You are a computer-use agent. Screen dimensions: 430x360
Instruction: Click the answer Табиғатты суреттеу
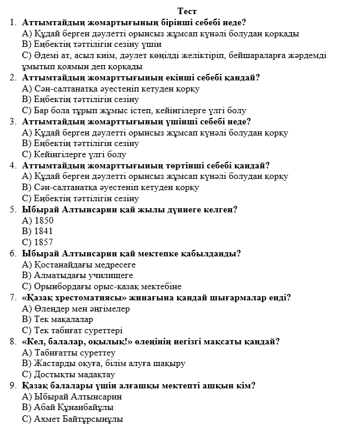pyautogui.click(x=69, y=353)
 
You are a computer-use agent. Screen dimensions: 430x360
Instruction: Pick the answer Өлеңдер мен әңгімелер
pyautogui.click(x=76, y=309)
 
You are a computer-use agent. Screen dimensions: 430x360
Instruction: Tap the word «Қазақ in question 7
pyautogui.click(x=37, y=297)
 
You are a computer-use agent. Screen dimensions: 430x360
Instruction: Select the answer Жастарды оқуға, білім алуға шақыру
pyautogui.click(x=103, y=363)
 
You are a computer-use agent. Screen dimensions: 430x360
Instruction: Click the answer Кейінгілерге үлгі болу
pyautogui.click(x=74, y=154)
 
